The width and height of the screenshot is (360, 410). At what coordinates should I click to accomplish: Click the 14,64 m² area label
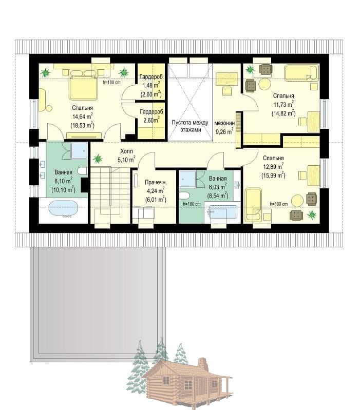pos(82,116)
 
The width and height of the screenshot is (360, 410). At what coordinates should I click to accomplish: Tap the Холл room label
pos(126,151)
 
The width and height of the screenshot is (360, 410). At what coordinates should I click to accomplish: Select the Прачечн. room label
pos(156,183)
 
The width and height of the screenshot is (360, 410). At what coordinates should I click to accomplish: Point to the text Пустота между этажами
pos(190,126)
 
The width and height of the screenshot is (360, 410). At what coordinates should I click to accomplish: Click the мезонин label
pos(224,123)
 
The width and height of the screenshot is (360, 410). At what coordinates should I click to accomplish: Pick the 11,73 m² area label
pos(283,104)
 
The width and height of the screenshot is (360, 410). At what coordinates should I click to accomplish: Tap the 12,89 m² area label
pos(273,167)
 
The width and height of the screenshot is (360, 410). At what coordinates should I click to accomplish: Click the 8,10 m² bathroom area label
pos(63,181)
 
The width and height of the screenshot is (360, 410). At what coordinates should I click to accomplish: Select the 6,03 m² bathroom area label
pos(218,187)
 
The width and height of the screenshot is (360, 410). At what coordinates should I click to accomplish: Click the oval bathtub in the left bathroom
pos(63,209)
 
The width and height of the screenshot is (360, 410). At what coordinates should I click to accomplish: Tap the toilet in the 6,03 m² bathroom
pos(185,196)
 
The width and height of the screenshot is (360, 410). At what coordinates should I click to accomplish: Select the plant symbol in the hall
pos(98,158)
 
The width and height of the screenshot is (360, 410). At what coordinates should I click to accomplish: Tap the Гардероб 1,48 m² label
pos(151,85)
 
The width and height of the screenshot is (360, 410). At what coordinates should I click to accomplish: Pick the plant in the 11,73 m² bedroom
pos(250,70)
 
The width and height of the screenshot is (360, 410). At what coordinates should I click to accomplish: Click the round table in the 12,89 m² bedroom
pos(297,201)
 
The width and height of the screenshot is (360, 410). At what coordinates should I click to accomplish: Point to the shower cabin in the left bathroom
pos(79,151)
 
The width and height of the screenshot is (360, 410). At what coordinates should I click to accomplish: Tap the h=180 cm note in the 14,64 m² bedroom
pos(112,83)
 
